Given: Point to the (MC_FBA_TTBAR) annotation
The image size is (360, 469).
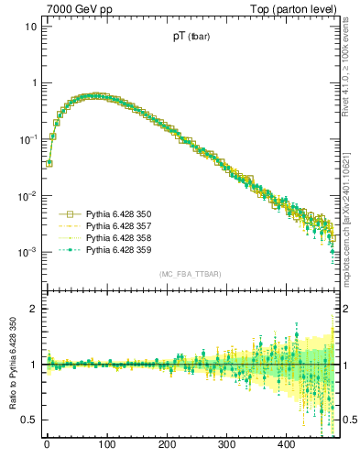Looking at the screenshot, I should coord(191,274).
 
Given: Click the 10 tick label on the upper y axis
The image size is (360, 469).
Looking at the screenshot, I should coord(30,26).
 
